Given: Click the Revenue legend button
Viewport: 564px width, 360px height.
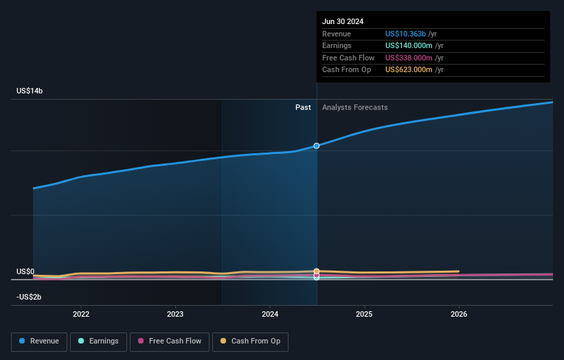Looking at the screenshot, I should (39, 341).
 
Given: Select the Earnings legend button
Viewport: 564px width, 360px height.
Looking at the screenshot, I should (98, 341).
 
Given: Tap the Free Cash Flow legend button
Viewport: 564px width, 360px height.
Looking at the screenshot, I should (169, 341).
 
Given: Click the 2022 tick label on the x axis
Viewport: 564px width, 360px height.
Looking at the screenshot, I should (81, 314).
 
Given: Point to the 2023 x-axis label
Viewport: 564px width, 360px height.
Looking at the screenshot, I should (175, 314).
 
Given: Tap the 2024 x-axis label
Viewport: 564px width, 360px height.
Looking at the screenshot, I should (270, 314).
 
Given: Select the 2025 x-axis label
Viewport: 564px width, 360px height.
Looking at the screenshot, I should (364, 314).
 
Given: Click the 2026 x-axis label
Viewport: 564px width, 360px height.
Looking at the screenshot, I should (459, 314).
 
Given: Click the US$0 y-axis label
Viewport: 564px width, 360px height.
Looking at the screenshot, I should (25, 272).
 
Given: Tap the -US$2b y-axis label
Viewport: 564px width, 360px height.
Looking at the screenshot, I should (29, 297).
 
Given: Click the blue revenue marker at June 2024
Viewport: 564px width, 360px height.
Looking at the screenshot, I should (317, 146).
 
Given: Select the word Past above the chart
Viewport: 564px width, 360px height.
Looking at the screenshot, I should (303, 108).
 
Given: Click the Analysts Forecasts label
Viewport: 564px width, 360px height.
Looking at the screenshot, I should (354, 108).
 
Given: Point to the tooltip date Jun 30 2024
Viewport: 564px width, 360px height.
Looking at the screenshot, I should (343, 21).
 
